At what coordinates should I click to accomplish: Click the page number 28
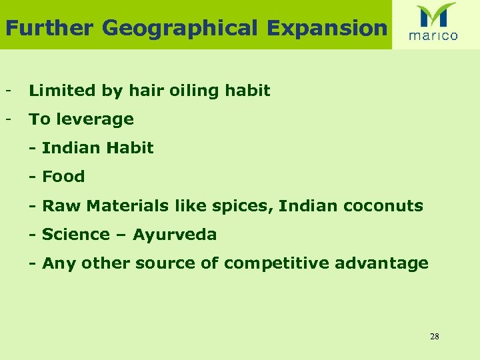(x=435, y=336)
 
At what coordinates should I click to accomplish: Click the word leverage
(x=94, y=119)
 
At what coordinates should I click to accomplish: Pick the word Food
(x=63, y=177)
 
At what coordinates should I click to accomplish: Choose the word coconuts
(x=383, y=205)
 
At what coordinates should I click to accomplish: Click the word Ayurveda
(x=175, y=235)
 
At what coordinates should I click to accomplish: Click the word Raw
(x=57, y=205)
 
